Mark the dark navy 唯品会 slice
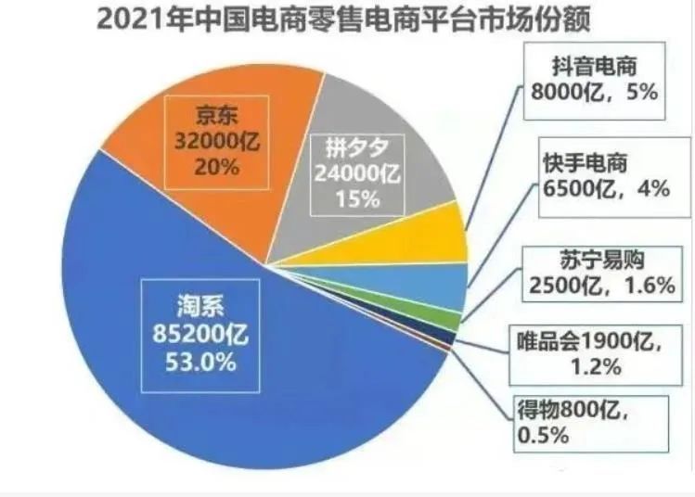click(451, 338)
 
